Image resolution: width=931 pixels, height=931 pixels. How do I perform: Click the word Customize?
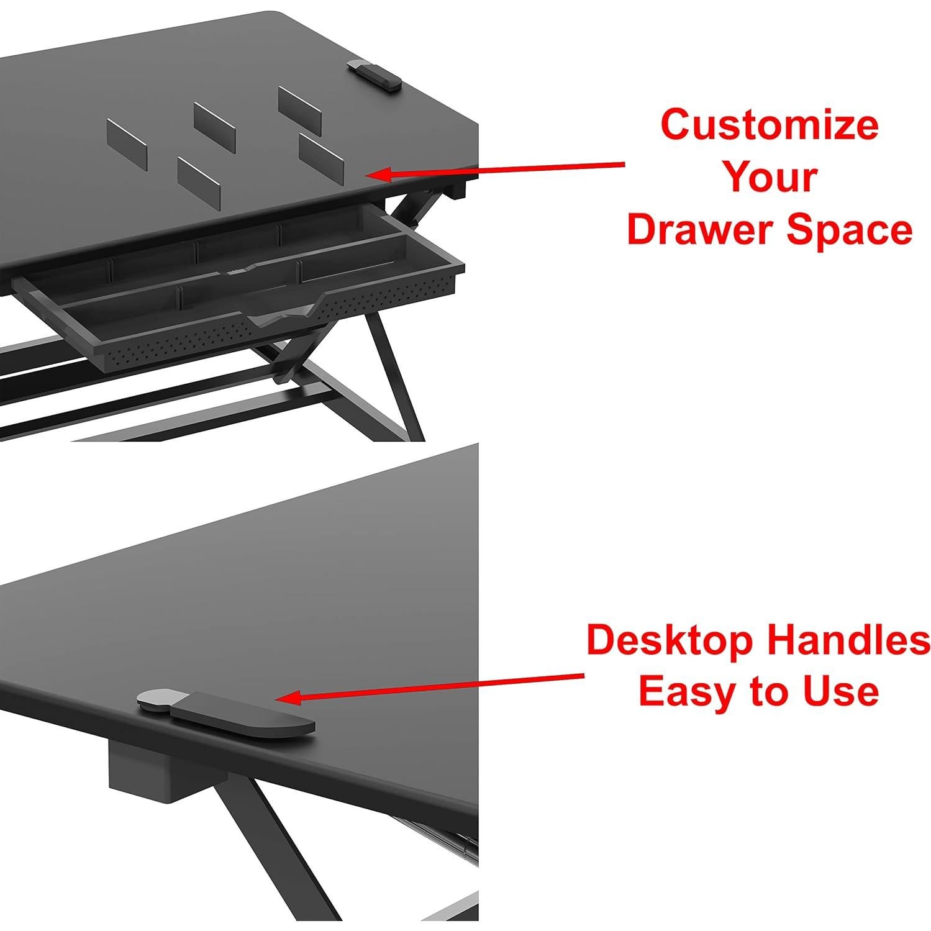pos(770,125)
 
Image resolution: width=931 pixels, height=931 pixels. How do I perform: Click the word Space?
pos(850,231)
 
